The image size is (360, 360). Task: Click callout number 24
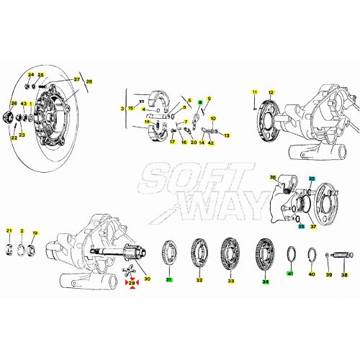coord(31,75)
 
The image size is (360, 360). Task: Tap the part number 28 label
coord(89,82)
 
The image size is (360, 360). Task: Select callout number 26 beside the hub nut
coord(11,105)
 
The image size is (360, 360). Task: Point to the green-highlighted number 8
coord(199,102)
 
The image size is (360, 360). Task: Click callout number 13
coord(225,135)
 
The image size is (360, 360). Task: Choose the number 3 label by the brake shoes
coord(123,109)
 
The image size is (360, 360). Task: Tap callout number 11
coord(254,93)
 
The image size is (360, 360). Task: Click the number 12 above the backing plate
coord(271,93)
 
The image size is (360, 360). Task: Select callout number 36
coord(273,176)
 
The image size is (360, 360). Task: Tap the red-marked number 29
coord(132,285)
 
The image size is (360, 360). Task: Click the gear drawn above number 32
coord(199,251)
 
